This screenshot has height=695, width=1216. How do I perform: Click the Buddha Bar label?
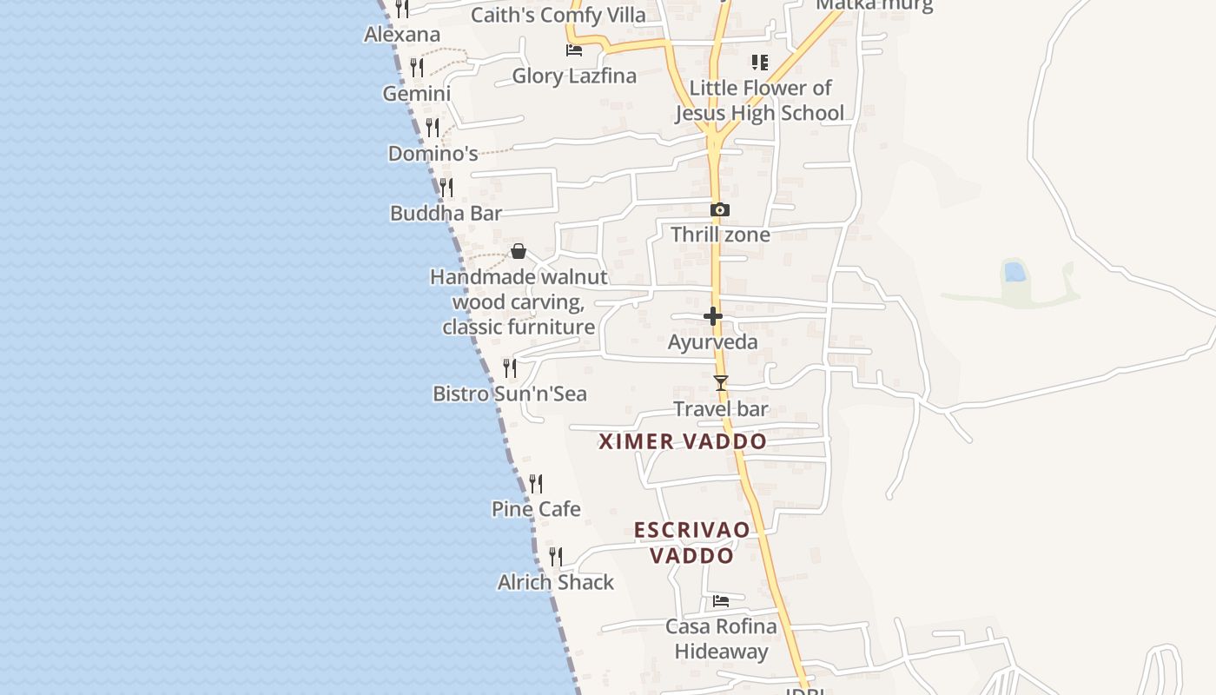point(446,214)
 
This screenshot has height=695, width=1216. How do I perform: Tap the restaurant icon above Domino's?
point(433,128)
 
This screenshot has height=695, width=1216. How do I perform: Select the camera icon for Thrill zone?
point(719,210)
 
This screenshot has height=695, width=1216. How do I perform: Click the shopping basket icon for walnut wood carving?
point(519,252)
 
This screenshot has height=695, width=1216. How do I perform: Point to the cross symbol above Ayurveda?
point(713,316)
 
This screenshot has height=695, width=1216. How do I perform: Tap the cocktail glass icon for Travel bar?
point(720,382)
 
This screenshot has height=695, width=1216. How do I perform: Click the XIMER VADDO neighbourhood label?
point(683,441)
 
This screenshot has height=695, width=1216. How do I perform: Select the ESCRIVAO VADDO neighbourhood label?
point(692,543)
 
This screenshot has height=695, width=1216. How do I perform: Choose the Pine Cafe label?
point(536,509)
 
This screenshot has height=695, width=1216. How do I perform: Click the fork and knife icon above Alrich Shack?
point(556,557)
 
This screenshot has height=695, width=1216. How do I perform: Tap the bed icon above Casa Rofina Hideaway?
point(721,601)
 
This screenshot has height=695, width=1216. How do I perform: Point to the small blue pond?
point(1014,272)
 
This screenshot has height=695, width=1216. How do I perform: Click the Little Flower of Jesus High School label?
point(760,101)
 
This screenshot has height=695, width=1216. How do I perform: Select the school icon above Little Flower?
point(760,63)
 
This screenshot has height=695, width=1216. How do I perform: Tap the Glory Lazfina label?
point(574,76)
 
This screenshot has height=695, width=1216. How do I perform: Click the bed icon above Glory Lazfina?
point(574,50)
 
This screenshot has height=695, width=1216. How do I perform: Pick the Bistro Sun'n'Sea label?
point(510,394)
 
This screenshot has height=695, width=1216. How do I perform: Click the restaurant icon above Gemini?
point(417,67)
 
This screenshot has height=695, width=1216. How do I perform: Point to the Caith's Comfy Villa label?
point(558,16)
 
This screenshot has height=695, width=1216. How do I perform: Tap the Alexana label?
point(402,35)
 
